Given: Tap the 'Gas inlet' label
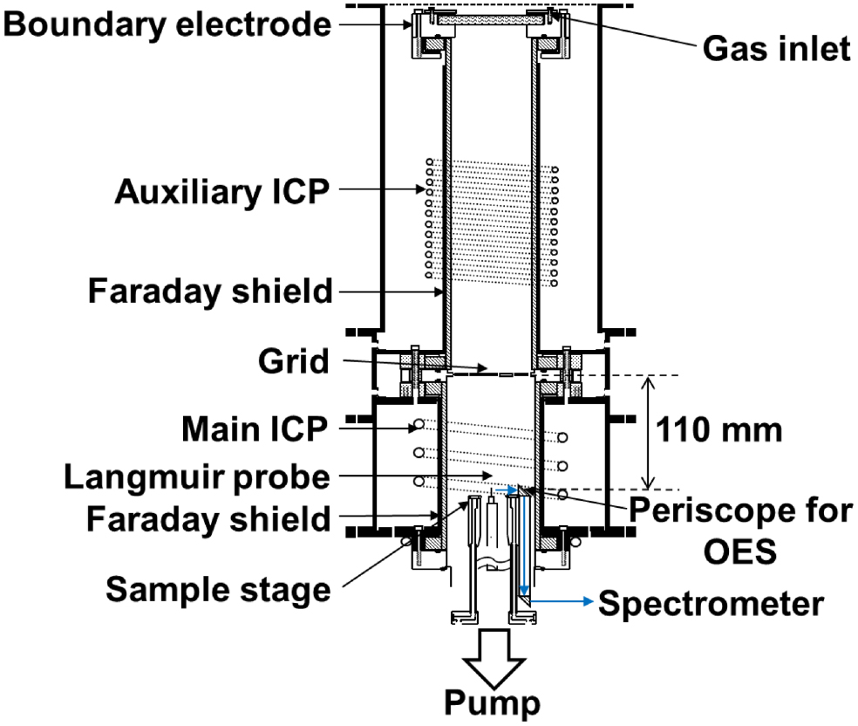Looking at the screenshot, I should coord(776,51).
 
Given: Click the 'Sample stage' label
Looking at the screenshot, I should coord(219,589).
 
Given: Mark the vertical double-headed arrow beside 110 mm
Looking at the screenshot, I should coord(646,432).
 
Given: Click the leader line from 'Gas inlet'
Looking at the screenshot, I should coord(628,35).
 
